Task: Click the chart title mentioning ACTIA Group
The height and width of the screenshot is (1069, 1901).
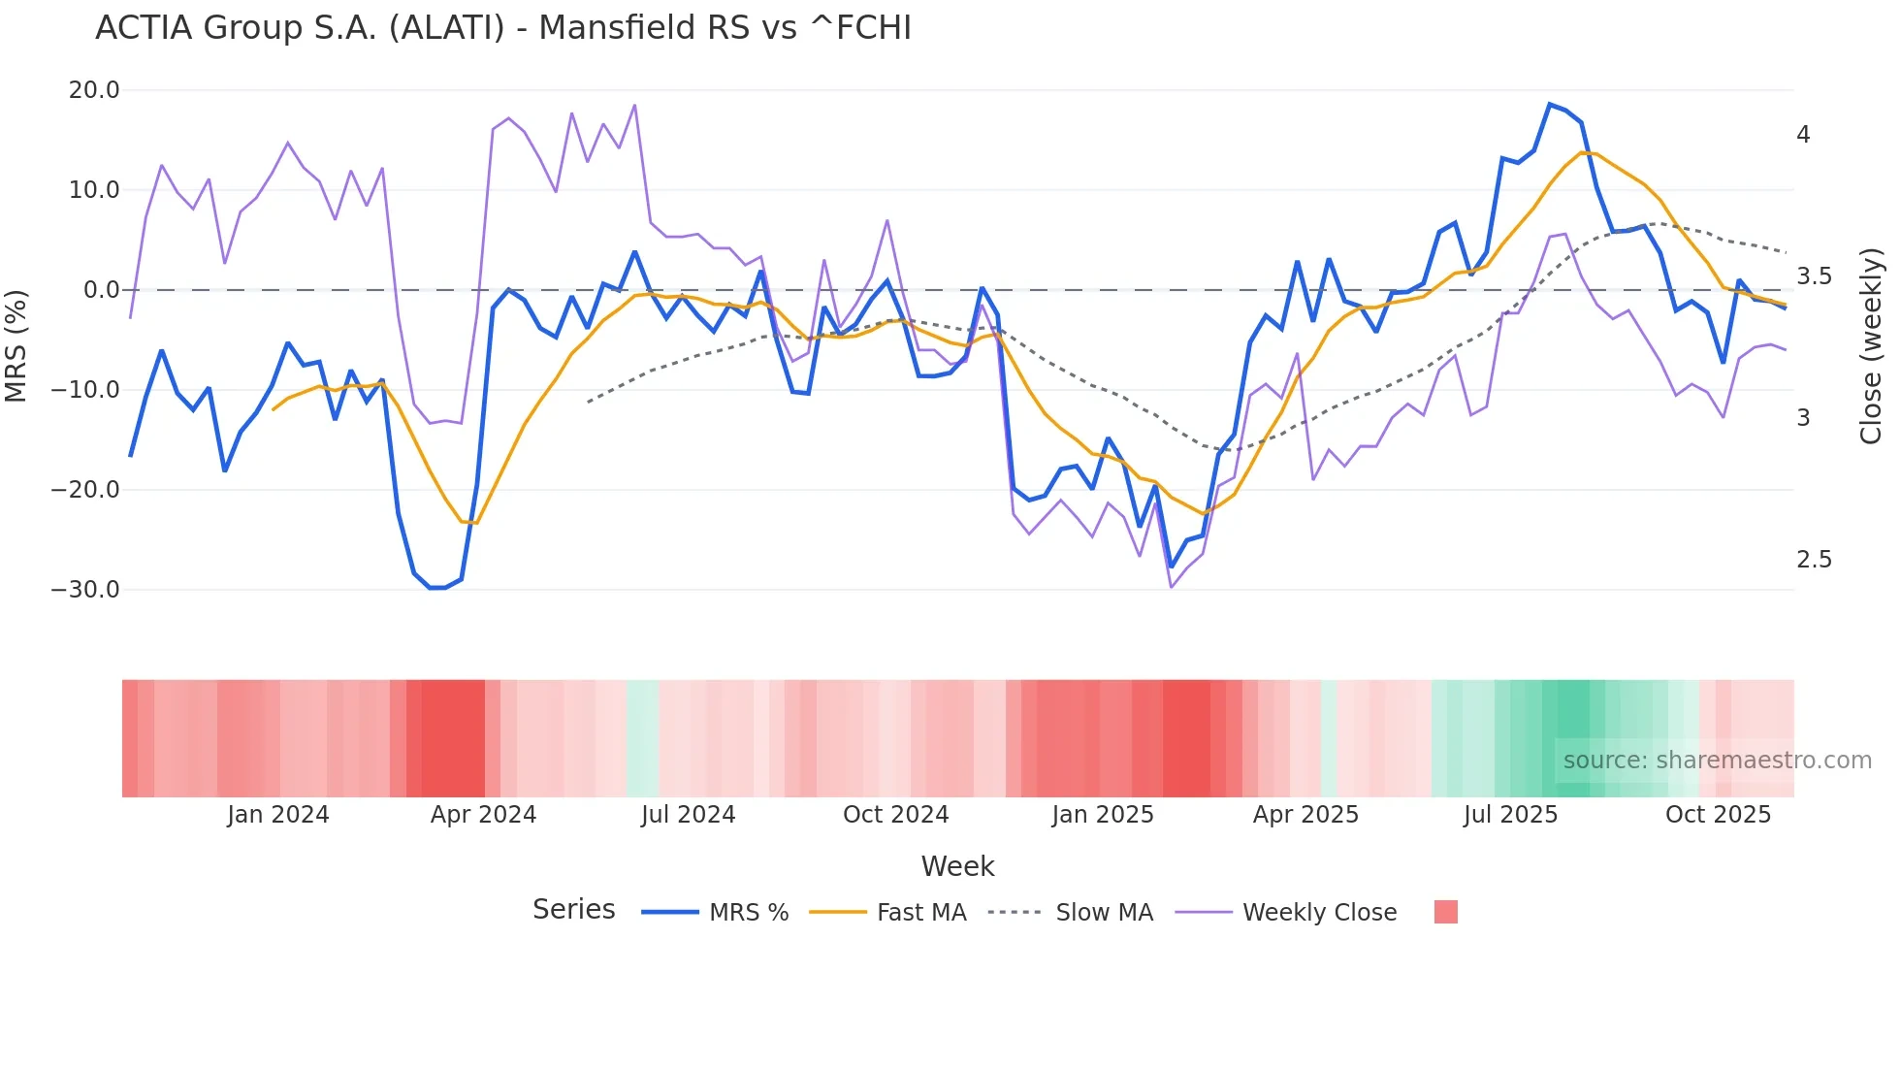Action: coord(503,28)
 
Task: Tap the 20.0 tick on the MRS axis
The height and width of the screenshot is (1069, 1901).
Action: coord(94,90)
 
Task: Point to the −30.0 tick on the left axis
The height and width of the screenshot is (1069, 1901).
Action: coord(85,590)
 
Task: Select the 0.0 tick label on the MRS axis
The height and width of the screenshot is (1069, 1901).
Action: coord(102,290)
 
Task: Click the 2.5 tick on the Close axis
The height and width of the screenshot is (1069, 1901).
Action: coord(1814,560)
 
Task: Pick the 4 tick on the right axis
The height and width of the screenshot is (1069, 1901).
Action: coord(1803,135)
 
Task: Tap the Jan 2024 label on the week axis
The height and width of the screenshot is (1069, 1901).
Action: coord(278,815)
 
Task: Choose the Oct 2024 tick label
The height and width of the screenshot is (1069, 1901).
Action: coord(895,815)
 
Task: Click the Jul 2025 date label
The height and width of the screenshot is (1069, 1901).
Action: coord(1510,815)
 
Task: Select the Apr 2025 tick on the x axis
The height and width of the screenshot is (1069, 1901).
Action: coord(1305,815)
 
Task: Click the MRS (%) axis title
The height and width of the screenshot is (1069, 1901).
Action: coord(16,345)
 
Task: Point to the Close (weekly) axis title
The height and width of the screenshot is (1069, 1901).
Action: coord(1871,346)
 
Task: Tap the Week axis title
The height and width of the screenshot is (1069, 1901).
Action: coord(957,866)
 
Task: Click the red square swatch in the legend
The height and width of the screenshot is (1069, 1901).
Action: coord(1445,912)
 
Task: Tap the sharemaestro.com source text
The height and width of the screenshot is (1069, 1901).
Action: coord(1717,761)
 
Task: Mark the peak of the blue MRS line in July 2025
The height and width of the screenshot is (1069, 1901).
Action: coord(1550,104)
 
